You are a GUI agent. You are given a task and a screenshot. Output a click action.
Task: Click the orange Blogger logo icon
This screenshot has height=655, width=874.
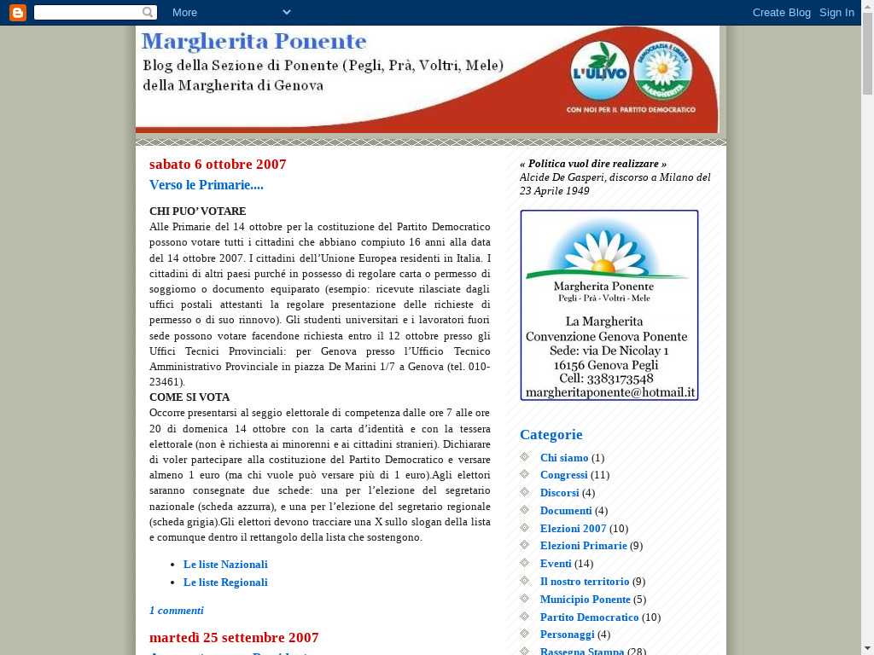click(17, 12)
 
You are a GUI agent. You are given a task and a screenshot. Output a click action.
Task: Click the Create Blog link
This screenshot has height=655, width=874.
click(781, 12)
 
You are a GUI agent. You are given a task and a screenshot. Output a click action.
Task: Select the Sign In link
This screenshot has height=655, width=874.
click(836, 12)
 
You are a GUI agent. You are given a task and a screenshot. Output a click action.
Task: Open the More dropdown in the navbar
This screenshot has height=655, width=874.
click(230, 12)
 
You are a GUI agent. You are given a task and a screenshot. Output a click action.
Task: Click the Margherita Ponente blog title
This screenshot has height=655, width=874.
click(253, 42)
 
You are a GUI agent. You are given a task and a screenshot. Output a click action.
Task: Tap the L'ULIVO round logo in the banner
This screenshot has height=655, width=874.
click(600, 72)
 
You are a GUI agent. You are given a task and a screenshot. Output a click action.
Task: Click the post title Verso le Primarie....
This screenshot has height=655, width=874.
click(207, 185)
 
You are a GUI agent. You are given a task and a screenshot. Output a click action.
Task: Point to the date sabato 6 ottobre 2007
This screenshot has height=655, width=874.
click(218, 164)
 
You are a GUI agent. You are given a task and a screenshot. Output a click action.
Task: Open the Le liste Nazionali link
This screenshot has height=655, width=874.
click(225, 565)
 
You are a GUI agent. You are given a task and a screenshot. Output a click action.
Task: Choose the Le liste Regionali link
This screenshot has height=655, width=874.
click(225, 583)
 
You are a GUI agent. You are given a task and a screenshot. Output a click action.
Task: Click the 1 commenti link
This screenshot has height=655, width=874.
click(177, 611)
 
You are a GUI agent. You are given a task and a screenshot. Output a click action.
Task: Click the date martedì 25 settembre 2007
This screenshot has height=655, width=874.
click(234, 637)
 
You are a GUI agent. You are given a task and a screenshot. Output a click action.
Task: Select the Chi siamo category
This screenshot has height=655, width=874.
click(564, 458)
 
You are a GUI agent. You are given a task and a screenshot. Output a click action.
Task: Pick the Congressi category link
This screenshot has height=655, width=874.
click(563, 475)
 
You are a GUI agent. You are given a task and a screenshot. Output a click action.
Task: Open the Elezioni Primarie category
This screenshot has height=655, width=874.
click(583, 546)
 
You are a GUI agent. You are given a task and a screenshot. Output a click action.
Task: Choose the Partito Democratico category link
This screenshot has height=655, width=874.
click(589, 617)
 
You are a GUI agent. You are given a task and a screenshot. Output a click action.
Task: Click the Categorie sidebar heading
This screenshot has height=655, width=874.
click(551, 434)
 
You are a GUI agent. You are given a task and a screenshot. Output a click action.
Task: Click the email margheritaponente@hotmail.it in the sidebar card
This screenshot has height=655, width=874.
click(610, 393)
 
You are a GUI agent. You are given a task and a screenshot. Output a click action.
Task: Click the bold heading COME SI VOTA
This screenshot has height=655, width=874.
click(189, 397)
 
